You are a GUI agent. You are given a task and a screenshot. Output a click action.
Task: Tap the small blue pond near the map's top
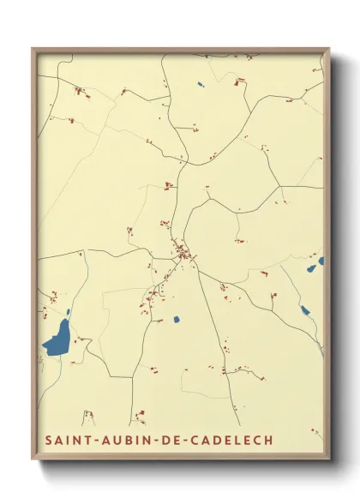click(199, 84)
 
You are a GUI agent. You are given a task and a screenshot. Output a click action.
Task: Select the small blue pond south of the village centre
click(177, 320)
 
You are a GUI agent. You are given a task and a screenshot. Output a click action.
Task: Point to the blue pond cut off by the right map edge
click(321, 261)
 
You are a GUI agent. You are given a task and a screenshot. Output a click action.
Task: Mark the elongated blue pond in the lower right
click(304, 310)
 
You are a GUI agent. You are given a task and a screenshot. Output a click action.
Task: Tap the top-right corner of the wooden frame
click(329, 49)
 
